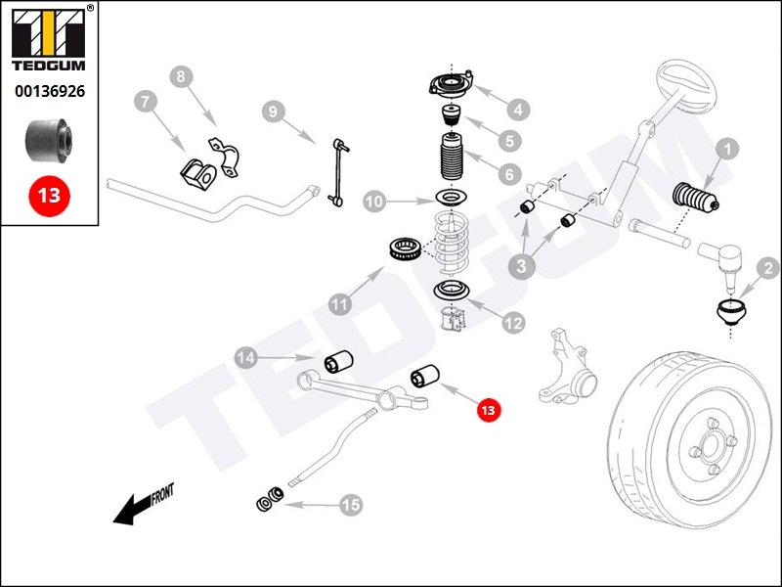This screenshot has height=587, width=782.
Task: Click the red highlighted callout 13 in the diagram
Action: click(x=488, y=409)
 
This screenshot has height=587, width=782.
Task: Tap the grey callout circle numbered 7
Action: click(x=144, y=102)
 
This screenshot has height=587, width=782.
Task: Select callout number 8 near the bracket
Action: click(x=181, y=77)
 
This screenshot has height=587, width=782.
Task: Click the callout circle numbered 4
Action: click(x=515, y=109)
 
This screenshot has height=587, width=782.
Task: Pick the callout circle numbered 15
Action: click(x=349, y=505)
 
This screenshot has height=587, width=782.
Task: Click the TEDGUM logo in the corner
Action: click(x=50, y=39)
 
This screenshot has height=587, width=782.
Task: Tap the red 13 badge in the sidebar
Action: click(x=49, y=195)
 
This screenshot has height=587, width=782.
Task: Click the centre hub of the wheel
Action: click(x=711, y=452)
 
